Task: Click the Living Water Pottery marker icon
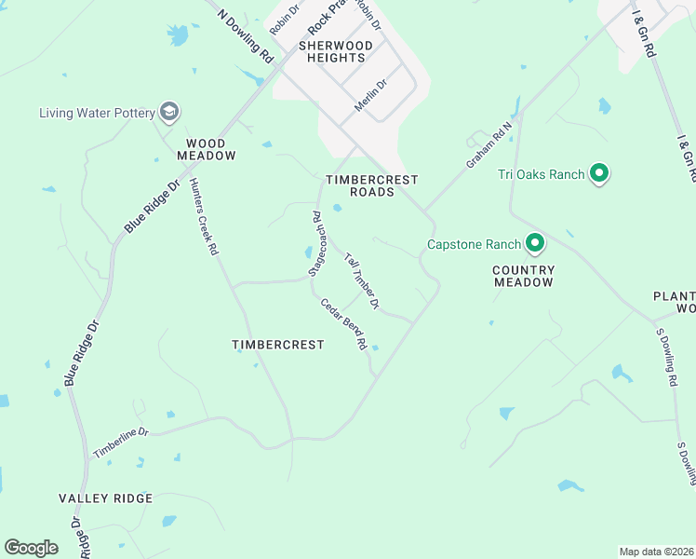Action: [x=169, y=113]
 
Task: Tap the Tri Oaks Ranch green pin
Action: [x=600, y=173]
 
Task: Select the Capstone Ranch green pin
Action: [x=535, y=244]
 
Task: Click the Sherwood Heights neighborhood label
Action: [x=336, y=51]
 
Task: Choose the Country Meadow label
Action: [x=524, y=276]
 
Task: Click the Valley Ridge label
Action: [x=105, y=498]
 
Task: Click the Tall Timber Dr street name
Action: [x=361, y=280]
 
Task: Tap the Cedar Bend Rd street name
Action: [x=344, y=324]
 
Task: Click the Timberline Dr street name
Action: [x=121, y=443]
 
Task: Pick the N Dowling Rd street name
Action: [x=245, y=36]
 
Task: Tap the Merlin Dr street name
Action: [x=369, y=96]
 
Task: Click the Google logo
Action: [x=32, y=548]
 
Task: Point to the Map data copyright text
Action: [x=656, y=552]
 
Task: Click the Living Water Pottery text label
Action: [x=97, y=114]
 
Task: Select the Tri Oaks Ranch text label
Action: [x=541, y=174]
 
